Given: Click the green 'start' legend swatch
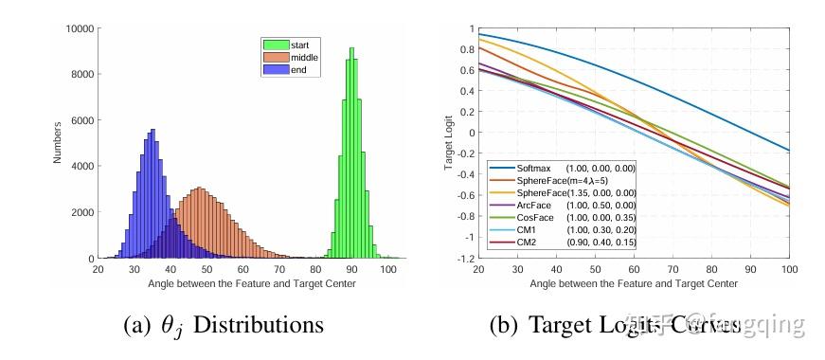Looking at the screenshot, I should (x=277, y=44).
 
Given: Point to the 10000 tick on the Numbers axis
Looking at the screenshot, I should (x=78, y=29).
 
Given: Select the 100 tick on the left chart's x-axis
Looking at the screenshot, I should (x=388, y=270).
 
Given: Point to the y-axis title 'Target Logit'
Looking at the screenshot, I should (x=450, y=143).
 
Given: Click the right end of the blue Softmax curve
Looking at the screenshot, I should (x=788, y=150).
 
